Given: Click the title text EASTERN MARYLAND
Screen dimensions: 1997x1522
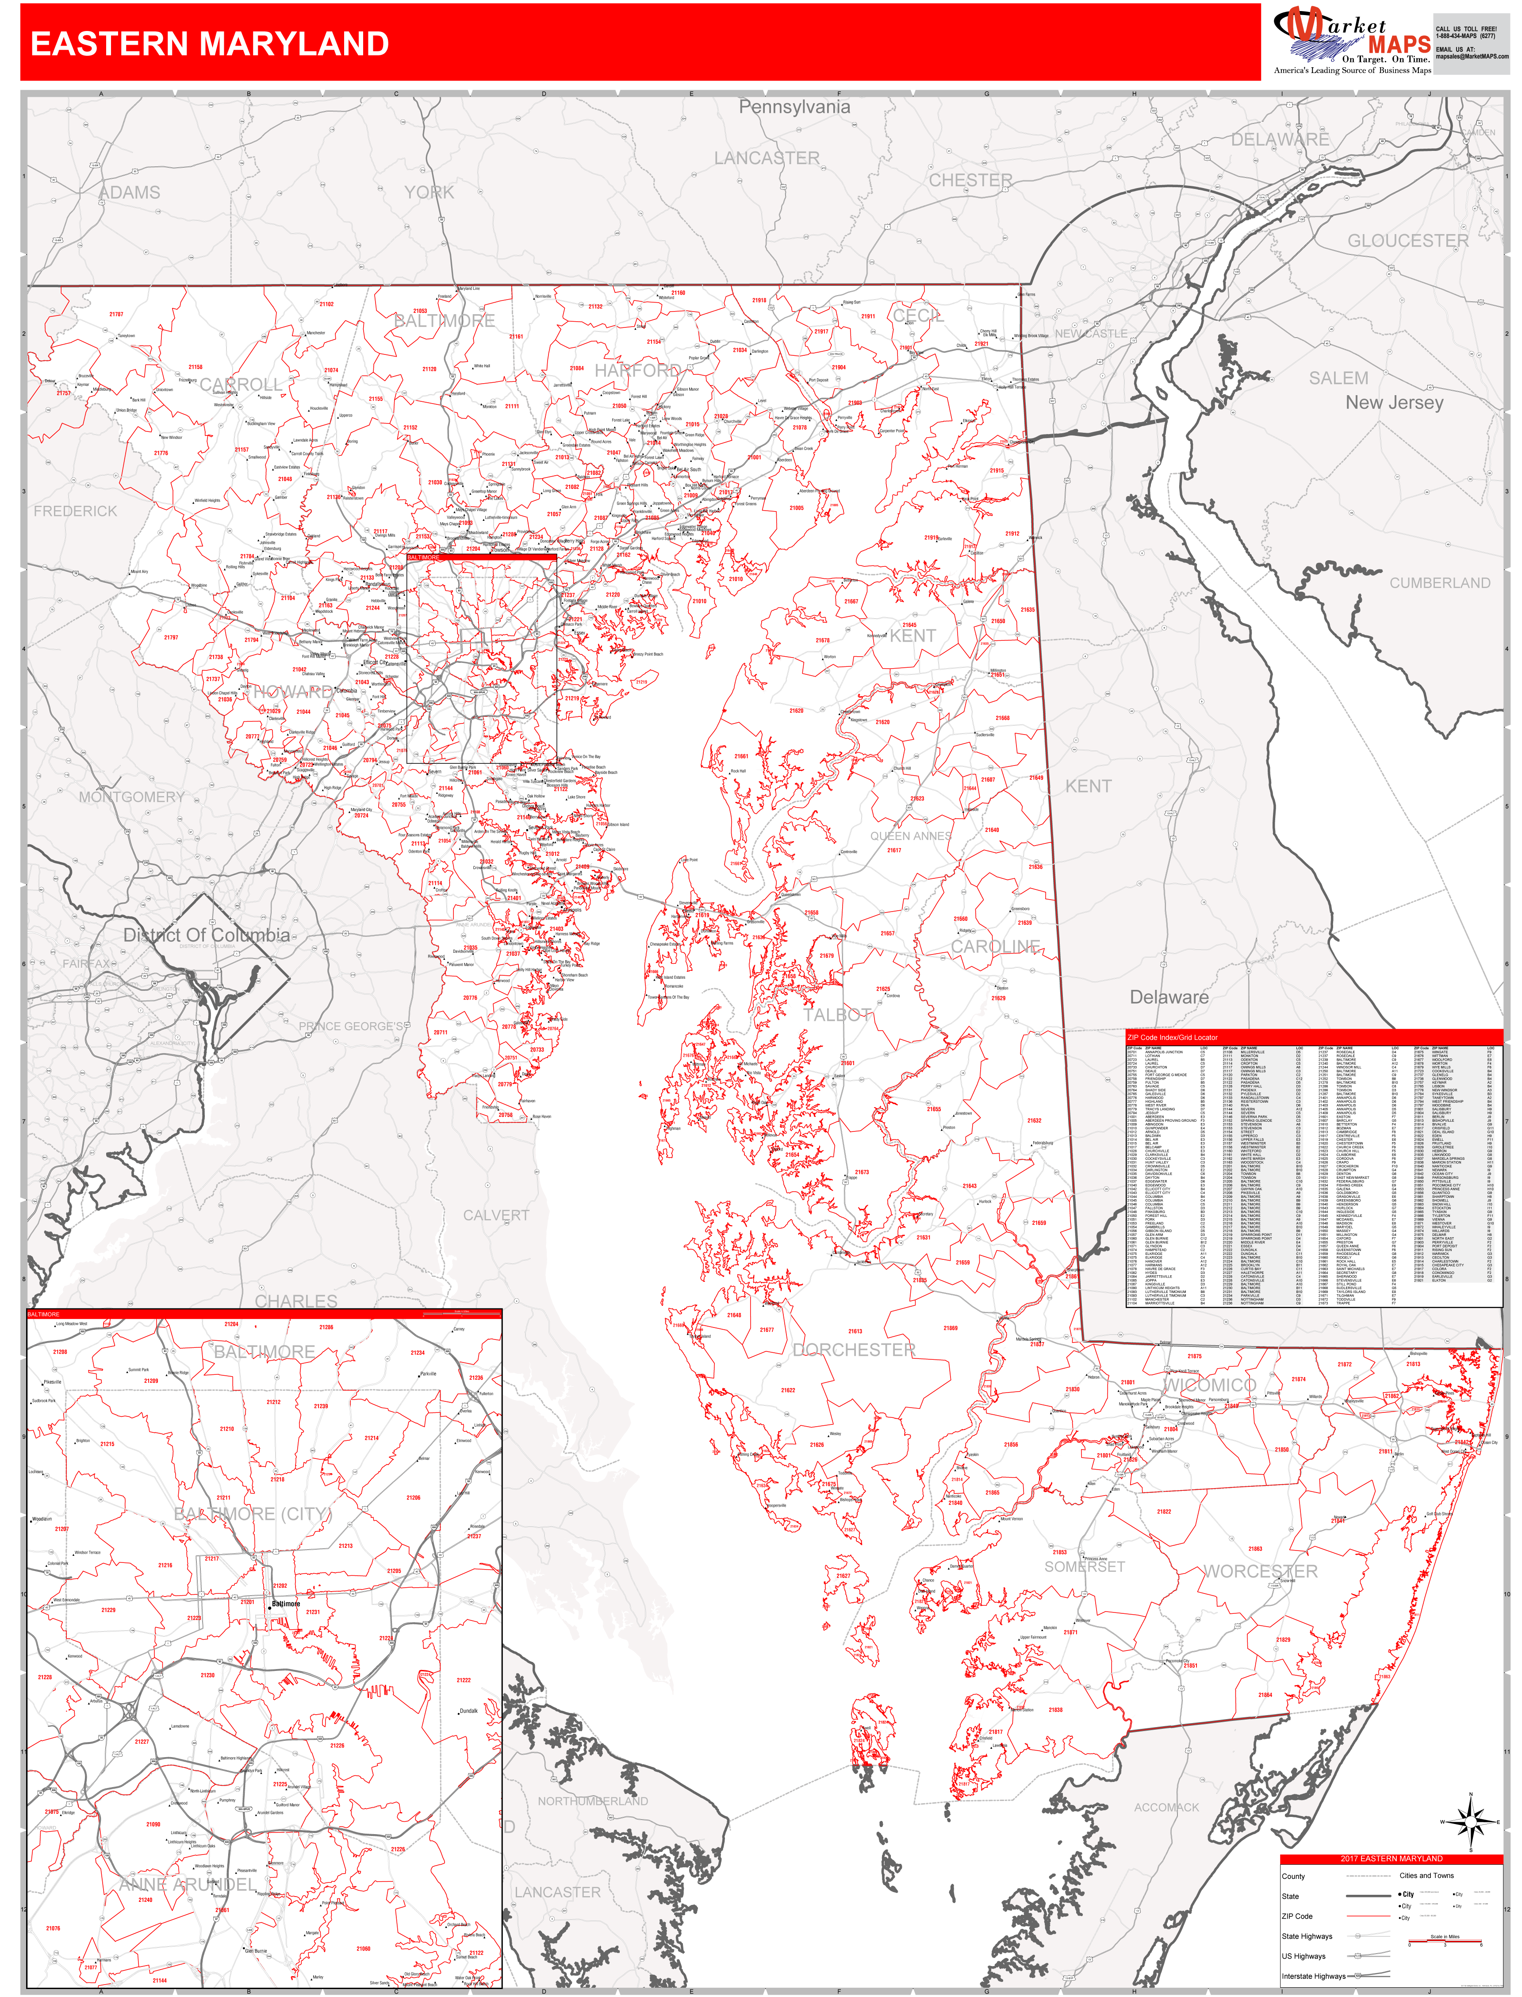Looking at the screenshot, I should pyautogui.click(x=210, y=43).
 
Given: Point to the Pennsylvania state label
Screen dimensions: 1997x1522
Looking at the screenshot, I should pyautogui.click(x=794, y=107).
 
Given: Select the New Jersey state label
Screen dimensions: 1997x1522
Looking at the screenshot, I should pyautogui.click(x=1394, y=402).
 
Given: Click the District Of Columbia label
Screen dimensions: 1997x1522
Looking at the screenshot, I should pyautogui.click(x=207, y=935).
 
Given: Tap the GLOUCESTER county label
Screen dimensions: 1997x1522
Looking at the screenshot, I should pyautogui.click(x=1408, y=241).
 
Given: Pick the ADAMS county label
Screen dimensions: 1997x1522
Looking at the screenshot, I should pyautogui.click(x=130, y=193).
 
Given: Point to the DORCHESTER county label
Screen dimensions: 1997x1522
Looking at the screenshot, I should pyautogui.click(x=854, y=1350).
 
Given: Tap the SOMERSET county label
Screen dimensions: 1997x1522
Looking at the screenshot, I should pyautogui.click(x=1085, y=1566).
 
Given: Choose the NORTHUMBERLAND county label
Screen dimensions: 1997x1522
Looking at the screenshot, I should pyautogui.click(x=593, y=1801).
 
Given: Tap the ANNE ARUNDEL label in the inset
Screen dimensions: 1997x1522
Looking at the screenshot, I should pyautogui.click(x=188, y=1885).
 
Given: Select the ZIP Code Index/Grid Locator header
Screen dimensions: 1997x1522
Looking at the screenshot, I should pyautogui.click(x=1172, y=1038).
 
